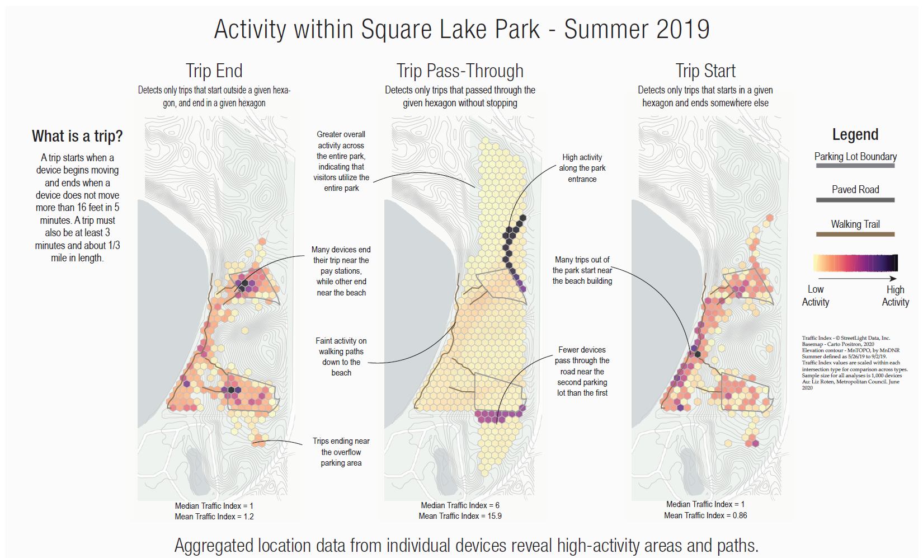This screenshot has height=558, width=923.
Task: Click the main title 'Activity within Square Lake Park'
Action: tap(462, 29)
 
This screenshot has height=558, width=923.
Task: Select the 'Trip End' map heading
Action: tap(214, 71)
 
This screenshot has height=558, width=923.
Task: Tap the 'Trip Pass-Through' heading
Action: tap(460, 71)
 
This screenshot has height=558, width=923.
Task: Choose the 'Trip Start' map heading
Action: tap(705, 71)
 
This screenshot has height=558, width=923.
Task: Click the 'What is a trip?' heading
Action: tap(77, 136)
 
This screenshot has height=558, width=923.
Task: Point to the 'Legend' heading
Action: tap(855, 134)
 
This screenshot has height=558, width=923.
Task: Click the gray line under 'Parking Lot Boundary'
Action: tap(855, 166)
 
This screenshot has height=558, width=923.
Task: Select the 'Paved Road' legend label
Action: tap(855, 190)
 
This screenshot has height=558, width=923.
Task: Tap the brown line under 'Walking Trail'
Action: tap(855, 234)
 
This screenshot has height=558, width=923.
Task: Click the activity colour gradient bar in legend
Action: tap(855, 262)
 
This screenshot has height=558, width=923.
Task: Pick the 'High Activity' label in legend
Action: tap(895, 296)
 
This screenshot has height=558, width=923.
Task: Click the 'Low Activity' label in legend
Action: tap(816, 296)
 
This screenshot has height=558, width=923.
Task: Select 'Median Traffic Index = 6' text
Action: tap(460, 505)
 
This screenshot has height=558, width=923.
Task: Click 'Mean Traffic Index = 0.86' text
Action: tap(705, 515)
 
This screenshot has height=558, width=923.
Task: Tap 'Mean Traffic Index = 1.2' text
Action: tap(214, 517)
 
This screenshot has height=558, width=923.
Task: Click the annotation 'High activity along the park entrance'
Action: tap(582, 168)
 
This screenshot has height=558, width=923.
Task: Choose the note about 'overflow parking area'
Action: tap(341, 452)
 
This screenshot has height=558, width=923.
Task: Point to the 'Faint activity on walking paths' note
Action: tap(341, 357)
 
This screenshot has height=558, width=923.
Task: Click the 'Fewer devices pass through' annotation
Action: tap(582, 371)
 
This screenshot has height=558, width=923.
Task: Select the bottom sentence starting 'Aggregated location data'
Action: tap(466, 545)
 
